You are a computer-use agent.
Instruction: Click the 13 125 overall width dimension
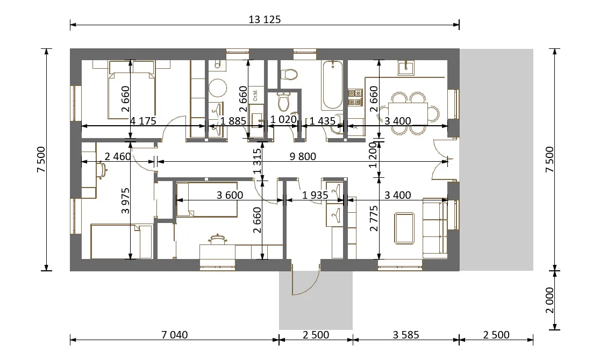[x=265, y=19]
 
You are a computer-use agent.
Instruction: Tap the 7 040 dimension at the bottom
[x=174, y=335]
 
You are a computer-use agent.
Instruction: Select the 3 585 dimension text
[x=406, y=335]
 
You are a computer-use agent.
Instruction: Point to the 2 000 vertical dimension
[x=549, y=300]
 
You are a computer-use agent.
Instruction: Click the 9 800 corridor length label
[x=303, y=156]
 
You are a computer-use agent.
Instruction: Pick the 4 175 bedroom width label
[x=143, y=121]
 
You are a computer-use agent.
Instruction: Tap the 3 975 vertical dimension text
[x=125, y=201]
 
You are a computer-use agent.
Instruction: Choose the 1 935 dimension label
[x=315, y=195]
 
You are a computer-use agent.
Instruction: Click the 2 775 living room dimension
[x=374, y=219]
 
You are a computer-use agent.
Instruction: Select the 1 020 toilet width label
[x=283, y=119]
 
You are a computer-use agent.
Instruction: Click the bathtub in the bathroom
[x=332, y=85]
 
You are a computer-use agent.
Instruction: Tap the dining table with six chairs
[x=408, y=113]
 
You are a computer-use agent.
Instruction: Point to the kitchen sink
[x=406, y=68]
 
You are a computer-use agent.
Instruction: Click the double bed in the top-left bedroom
[x=132, y=90]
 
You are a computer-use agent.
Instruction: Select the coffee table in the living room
[x=404, y=228]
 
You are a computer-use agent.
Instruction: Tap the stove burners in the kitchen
[x=355, y=98]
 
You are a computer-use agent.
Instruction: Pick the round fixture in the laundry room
[x=218, y=88]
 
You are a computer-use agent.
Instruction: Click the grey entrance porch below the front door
[x=316, y=300]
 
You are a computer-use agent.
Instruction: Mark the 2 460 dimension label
[x=118, y=156]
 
